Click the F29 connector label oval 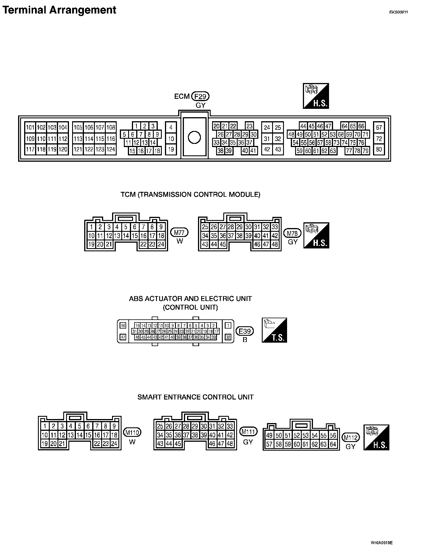pos(201,96)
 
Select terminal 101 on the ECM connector pos(30,128)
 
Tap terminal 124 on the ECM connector pos(111,149)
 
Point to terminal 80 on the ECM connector pos(379,149)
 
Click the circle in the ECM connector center pos(194,138)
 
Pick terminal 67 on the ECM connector pos(379,128)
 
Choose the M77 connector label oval pos(179,232)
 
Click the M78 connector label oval pos(293,233)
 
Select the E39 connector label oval pos(245,331)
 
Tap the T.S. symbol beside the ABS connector pos(274,330)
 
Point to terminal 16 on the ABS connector pos(123,325)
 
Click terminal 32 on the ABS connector pos(228,337)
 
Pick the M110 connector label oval pos(132,432)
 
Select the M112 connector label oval pos(351,438)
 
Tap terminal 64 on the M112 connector pos(333,444)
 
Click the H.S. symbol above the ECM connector pos(316,96)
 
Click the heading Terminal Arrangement pos(59,10)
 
